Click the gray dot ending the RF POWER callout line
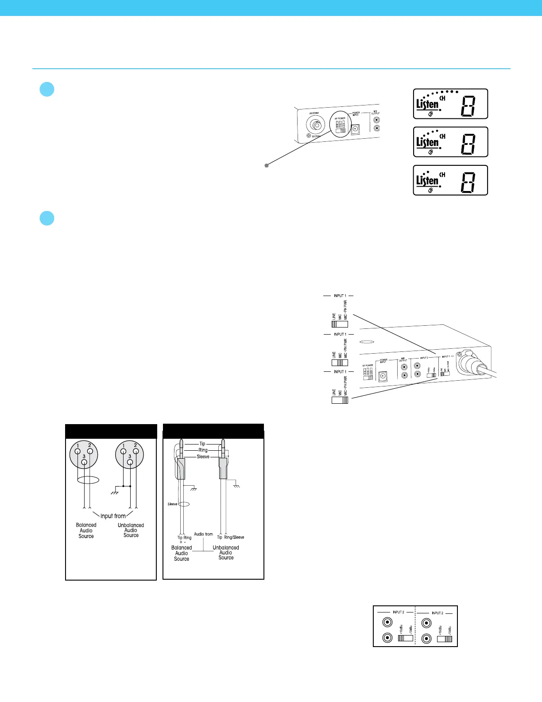[x=267, y=165]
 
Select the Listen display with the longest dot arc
[x=450, y=104]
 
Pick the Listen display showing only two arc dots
[x=450, y=180]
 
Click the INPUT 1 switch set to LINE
[x=340, y=324]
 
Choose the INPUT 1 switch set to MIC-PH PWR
[x=340, y=400]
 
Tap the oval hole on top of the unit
[x=366, y=342]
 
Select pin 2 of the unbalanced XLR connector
[x=136, y=452]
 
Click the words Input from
[x=113, y=516]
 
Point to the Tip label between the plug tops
[x=202, y=444]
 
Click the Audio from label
[x=203, y=534]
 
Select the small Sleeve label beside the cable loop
[x=172, y=504]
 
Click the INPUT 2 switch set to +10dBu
[x=405, y=638]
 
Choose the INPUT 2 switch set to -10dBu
[x=445, y=639]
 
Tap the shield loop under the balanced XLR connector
[x=88, y=480]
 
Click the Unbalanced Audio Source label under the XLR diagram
[x=131, y=530]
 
